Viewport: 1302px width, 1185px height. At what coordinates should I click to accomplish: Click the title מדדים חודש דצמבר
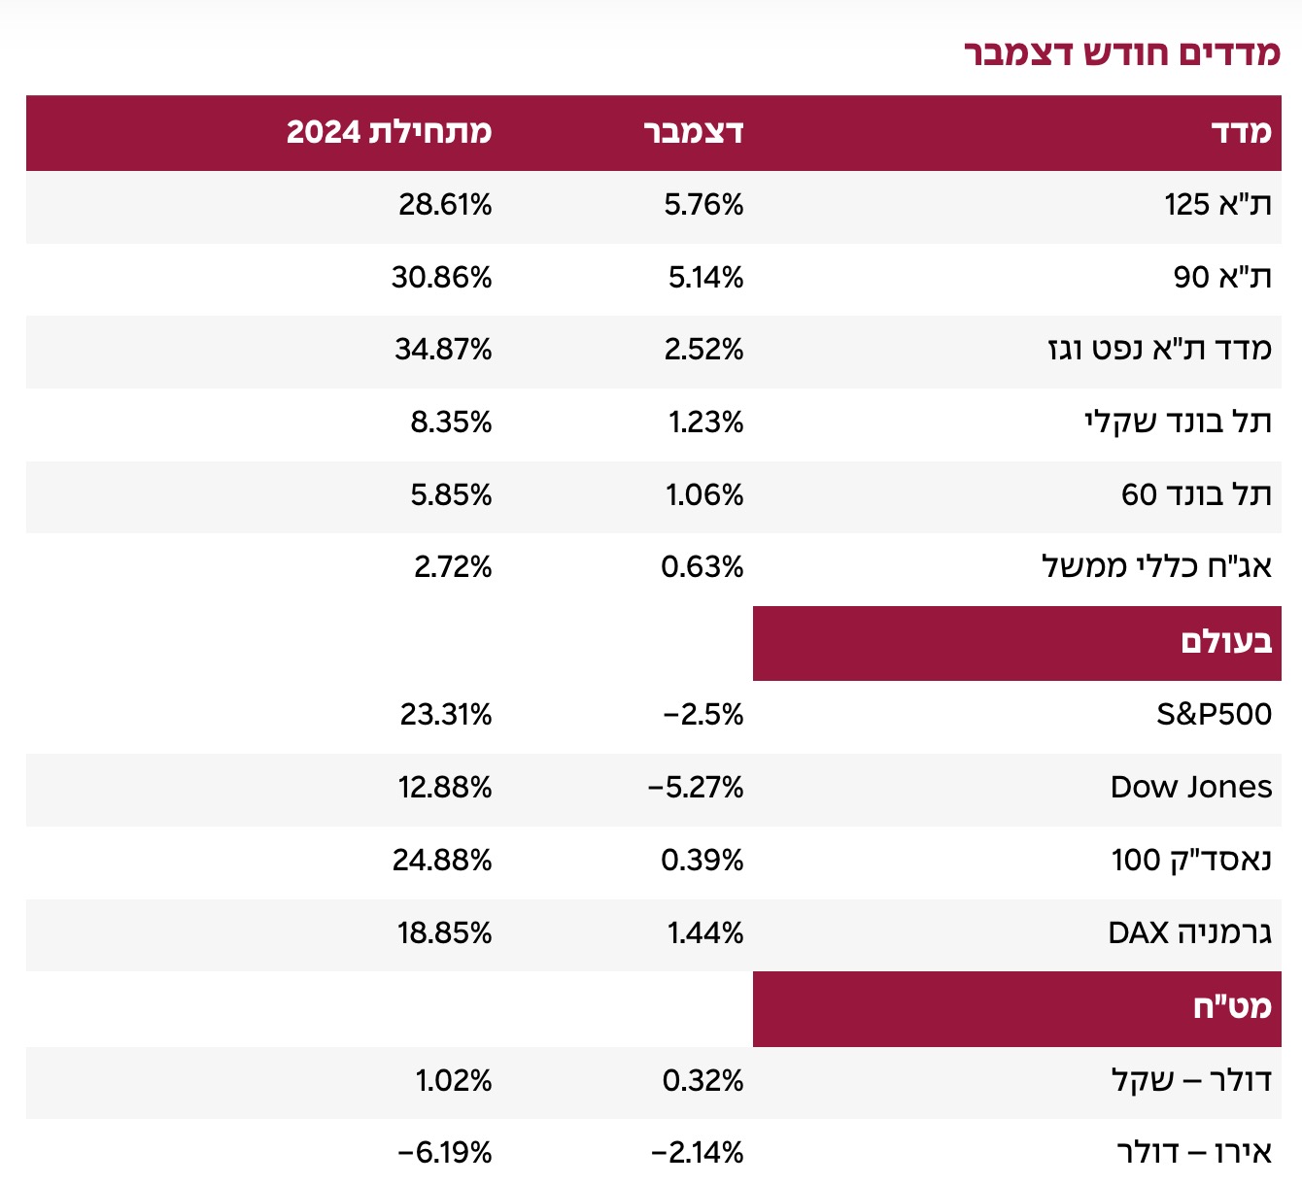point(1122,52)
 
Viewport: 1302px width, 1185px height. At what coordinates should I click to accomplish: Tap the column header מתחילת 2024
point(389,131)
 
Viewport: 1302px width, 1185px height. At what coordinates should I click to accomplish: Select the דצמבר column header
point(694,131)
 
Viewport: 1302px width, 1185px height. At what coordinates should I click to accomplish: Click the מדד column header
point(1241,131)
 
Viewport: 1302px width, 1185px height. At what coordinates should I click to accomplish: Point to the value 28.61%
point(445,205)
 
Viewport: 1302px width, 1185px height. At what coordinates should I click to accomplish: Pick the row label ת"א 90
point(1222,278)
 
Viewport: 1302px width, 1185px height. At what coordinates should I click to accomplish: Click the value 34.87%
point(443,350)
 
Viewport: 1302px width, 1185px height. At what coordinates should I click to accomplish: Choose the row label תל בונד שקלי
point(1178,423)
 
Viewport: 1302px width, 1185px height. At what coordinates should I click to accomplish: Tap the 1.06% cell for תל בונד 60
point(704,495)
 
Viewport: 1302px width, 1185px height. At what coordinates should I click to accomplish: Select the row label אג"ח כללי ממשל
point(1156,566)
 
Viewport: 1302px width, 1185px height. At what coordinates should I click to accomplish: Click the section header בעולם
point(1226,642)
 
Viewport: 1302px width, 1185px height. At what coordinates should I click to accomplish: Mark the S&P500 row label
point(1214,715)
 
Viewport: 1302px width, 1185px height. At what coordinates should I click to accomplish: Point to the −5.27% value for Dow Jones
point(696,788)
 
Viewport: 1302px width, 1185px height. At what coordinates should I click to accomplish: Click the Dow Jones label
point(1191,788)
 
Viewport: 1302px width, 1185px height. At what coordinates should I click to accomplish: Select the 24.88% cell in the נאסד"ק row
point(442,861)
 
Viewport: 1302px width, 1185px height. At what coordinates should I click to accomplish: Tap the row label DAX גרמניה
point(1189,933)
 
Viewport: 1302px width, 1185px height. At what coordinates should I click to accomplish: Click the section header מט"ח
point(1232,1007)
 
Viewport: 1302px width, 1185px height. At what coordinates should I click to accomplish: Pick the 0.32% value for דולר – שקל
point(703,1081)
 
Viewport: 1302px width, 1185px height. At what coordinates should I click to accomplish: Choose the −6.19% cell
point(445,1154)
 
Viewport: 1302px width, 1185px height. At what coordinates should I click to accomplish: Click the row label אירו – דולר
point(1194,1154)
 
